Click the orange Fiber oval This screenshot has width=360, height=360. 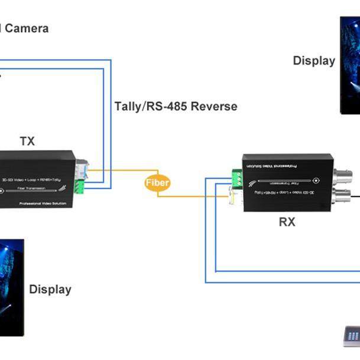click(x=157, y=183)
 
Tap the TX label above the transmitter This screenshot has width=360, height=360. click(x=27, y=141)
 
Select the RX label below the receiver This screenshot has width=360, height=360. click(x=287, y=222)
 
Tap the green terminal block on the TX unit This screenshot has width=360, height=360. click(x=79, y=186)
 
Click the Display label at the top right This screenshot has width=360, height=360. click(x=314, y=61)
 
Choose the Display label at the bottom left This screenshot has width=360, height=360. click(x=50, y=290)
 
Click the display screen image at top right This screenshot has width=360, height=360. click(x=350, y=65)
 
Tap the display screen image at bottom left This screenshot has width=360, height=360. click(x=11, y=287)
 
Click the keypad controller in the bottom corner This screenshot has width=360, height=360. click(x=351, y=337)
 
